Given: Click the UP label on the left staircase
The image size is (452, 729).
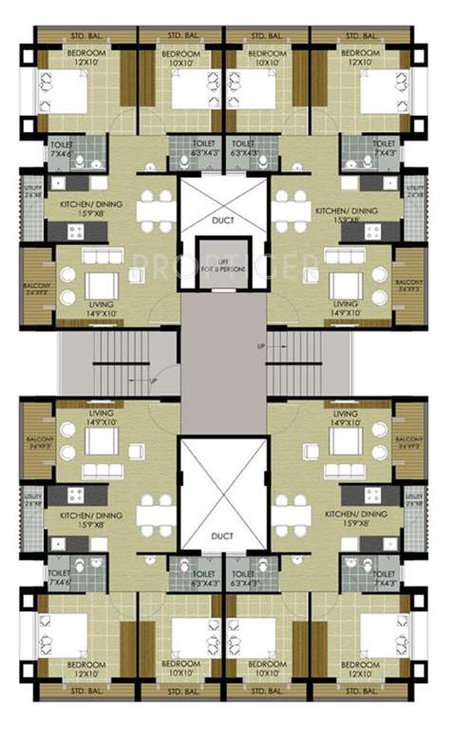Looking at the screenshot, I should click(x=153, y=382).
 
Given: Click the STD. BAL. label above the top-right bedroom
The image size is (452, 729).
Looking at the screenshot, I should click(x=362, y=35).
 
